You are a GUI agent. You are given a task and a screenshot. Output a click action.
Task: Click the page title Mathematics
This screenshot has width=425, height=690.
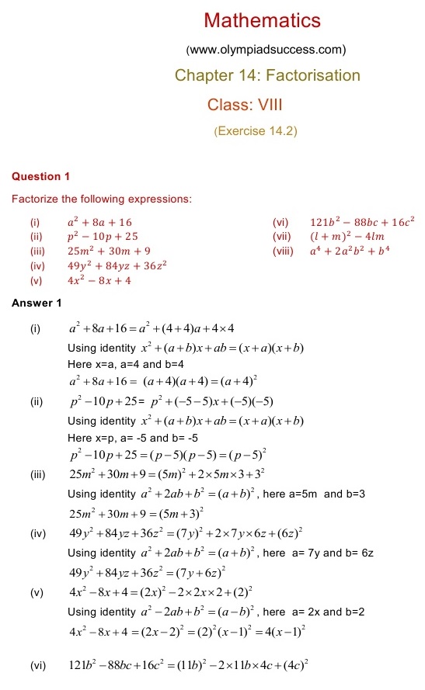[x=262, y=20]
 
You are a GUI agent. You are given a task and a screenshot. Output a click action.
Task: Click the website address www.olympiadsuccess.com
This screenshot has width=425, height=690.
[x=266, y=50]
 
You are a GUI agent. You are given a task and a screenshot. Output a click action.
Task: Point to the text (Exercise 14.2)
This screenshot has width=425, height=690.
[x=256, y=131]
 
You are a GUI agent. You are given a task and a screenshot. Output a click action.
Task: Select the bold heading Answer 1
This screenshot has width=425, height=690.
[x=37, y=303]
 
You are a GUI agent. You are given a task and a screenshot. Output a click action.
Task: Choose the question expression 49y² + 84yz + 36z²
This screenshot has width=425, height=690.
[x=118, y=265]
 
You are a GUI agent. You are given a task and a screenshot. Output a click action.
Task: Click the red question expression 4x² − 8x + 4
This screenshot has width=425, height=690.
[x=99, y=280]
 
